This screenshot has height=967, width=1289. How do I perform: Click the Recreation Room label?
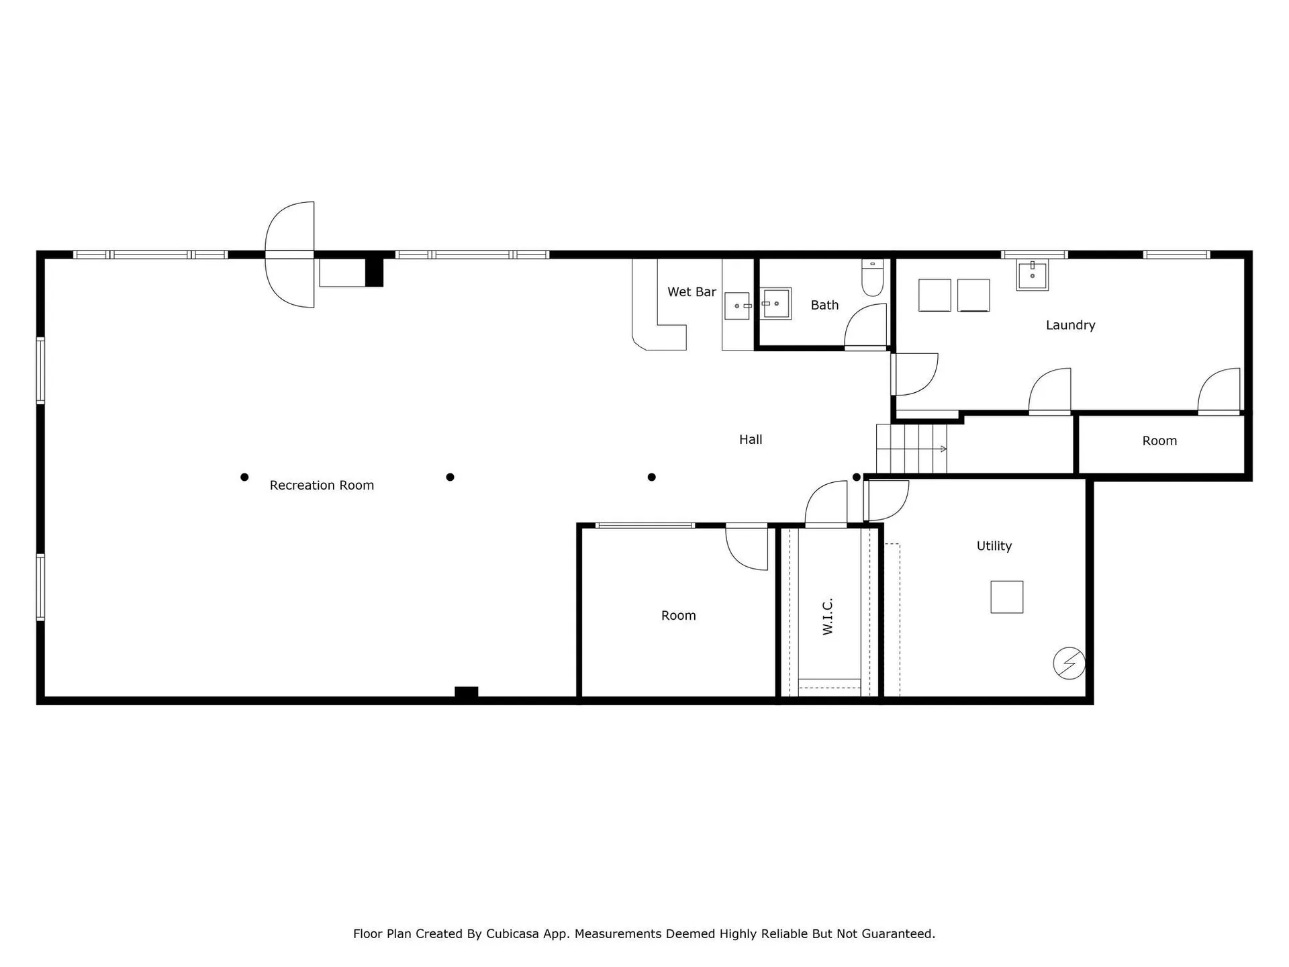322,486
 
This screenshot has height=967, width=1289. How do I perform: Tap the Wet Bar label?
691,292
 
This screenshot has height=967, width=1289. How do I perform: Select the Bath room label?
824,306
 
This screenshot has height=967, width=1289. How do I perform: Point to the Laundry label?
1070,326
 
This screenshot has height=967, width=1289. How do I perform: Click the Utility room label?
994,546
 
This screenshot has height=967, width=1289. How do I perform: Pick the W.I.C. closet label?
828,616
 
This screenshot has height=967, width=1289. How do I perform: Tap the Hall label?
751,440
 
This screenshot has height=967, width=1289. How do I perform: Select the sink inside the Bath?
775,304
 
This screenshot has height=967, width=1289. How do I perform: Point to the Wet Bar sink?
738,306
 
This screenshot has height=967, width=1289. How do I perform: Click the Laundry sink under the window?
1032,275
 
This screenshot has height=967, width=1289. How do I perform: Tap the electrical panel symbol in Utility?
1069,663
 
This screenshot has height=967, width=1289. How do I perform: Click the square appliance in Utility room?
1006,597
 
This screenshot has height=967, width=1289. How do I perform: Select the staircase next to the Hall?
911,449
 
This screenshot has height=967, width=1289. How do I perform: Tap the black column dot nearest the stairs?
857,477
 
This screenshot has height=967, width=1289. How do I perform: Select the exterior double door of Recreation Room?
290,255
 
